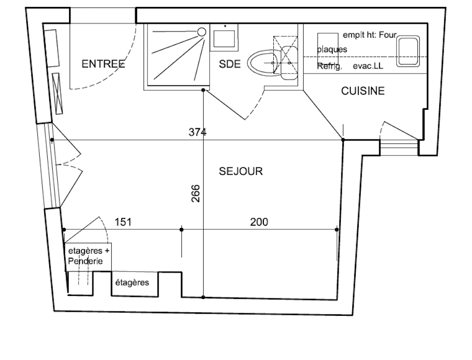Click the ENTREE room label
pos(103,64)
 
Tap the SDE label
pos(230,64)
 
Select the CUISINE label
pos(363,91)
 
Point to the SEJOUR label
pos(241,171)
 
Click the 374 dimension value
pos(197,132)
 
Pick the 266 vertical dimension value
pos(196,193)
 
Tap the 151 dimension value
pos(123,222)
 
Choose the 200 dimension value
pos(259,222)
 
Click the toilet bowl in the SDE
pos(262,63)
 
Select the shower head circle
pos(202,32)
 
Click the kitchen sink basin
pos(408,51)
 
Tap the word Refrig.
pos(329,66)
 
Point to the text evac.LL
pos(368,66)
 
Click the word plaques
pos(332,49)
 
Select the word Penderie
pos(85,261)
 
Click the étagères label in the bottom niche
pos(132,283)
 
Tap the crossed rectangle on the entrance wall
pos(58,93)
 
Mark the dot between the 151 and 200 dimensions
pos(181,230)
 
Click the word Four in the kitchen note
pos(388,35)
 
